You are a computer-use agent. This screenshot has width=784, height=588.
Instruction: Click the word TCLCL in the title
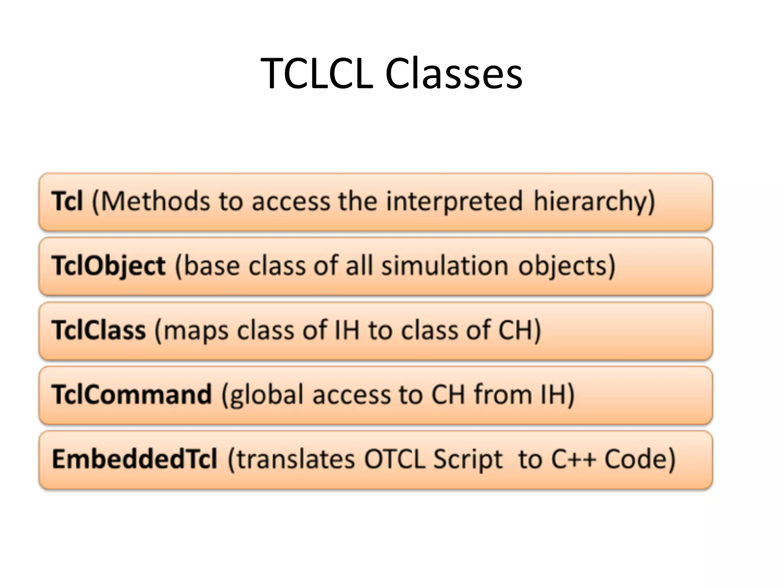317,73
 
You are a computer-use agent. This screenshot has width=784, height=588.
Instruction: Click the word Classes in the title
454,73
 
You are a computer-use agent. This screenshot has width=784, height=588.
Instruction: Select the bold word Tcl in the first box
67,201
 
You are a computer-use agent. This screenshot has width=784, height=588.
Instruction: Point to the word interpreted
454,202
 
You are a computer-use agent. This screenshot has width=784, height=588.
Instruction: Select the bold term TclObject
109,266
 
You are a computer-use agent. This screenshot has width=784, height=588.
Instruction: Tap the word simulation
445,266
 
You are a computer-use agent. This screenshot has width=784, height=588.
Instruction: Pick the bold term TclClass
99,330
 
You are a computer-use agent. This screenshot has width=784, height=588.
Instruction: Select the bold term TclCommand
132,394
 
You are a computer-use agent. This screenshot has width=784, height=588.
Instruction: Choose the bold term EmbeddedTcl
135,459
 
